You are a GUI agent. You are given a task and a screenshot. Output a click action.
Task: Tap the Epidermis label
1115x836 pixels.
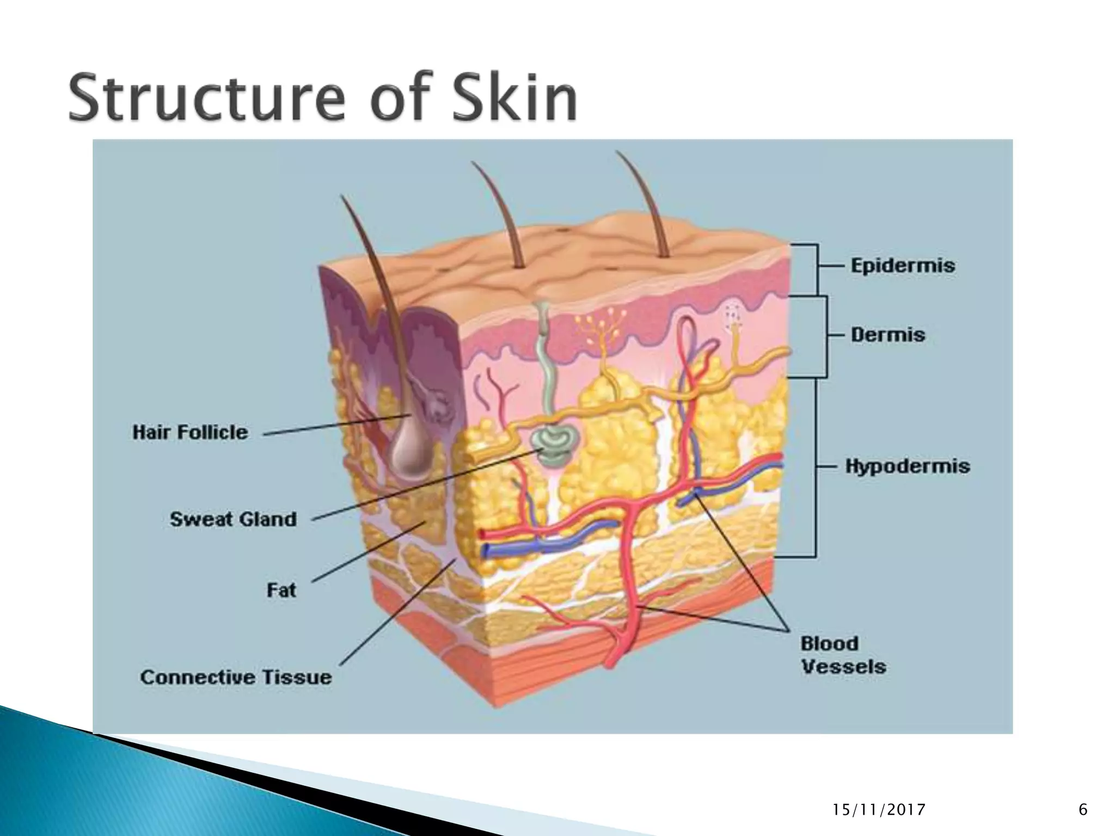[x=903, y=266]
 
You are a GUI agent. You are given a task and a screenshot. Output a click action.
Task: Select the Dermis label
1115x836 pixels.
[x=888, y=334]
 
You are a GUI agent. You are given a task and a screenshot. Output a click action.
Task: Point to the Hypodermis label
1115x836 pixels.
[x=908, y=466]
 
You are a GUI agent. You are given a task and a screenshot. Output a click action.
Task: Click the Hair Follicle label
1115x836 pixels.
[x=190, y=433]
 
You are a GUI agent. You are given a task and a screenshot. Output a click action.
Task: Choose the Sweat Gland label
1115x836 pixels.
[x=233, y=519]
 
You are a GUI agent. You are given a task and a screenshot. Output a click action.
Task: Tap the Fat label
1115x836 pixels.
[x=281, y=590]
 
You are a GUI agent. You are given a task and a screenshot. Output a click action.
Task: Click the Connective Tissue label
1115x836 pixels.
[x=236, y=677]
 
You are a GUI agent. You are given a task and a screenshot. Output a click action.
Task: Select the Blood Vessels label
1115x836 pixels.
[x=843, y=655]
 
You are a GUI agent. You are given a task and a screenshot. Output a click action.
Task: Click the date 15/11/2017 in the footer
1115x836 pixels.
[x=879, y=810]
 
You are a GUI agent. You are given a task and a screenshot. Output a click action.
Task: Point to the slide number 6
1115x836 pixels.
[x=1083, y=810]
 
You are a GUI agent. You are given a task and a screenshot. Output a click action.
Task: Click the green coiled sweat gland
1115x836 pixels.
[x=554, y=444]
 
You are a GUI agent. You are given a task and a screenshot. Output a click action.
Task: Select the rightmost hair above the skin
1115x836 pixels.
[x=642, y=201]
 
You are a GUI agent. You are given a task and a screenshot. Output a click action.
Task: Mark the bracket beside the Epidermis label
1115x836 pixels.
[x=816, y=269]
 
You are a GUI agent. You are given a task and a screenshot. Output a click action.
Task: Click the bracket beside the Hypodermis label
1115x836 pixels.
[x=815, y=467]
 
